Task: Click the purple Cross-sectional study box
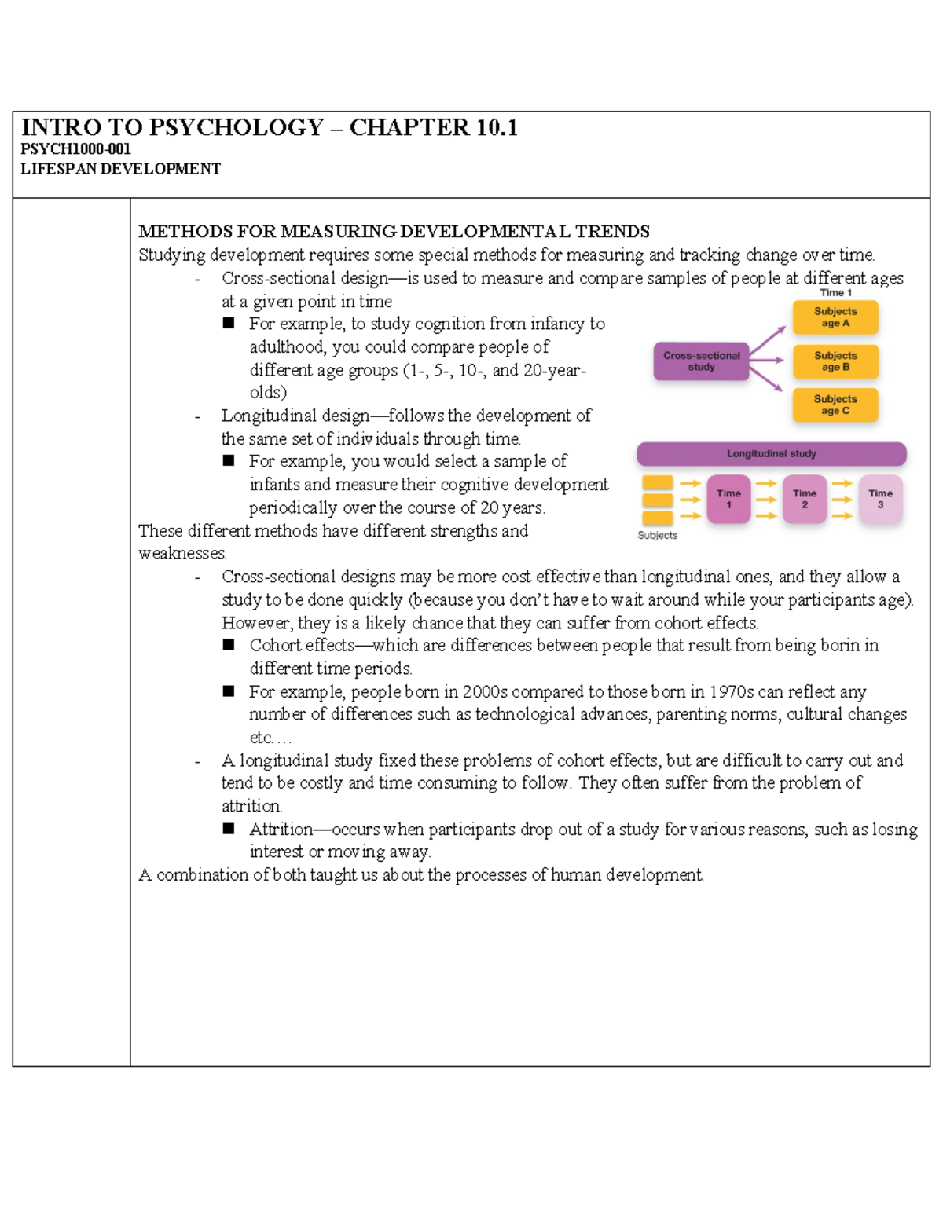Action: pos(701,362)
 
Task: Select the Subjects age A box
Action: pos(835,317)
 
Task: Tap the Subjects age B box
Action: pos(835,361)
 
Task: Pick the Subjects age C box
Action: pos(835,405)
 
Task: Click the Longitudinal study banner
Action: pos(771,454)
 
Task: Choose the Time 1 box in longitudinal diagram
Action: pos(728,499)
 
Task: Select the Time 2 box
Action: pos(804,499)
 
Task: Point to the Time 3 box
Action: pos(880,499)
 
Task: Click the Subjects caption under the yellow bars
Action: pos(657,536)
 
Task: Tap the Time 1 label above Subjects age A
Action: pos(835,292)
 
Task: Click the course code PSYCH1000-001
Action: pos(75,149)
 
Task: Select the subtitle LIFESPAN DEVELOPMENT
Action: pos(120,169)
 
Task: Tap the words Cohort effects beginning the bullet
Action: pos(302,646)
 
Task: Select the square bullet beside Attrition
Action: pos(229,829)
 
